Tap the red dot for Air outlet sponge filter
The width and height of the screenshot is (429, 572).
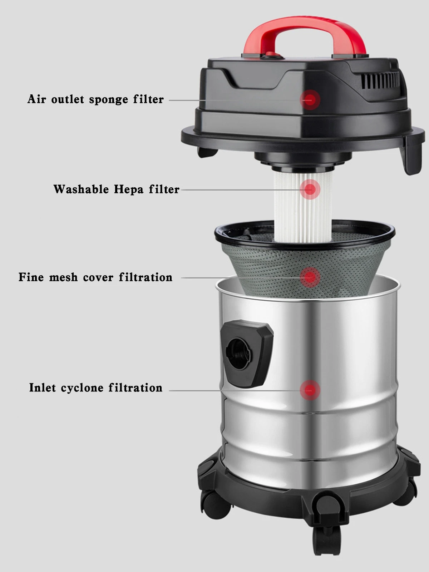click(310, 99)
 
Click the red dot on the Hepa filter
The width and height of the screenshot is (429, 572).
click(310, 189)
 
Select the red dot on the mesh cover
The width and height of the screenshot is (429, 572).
click(310, 277)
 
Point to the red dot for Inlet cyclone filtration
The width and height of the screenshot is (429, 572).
click(310, 390)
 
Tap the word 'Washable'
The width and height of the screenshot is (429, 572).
click(81, 189)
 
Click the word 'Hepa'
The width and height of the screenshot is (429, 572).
click(129, 190)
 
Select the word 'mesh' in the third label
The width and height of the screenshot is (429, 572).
click(63, 277)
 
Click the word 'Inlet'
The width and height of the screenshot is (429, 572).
click(43, 388)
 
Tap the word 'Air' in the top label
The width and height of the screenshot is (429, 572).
click(36, 99)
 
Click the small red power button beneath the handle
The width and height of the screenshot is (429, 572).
click(272, 55)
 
